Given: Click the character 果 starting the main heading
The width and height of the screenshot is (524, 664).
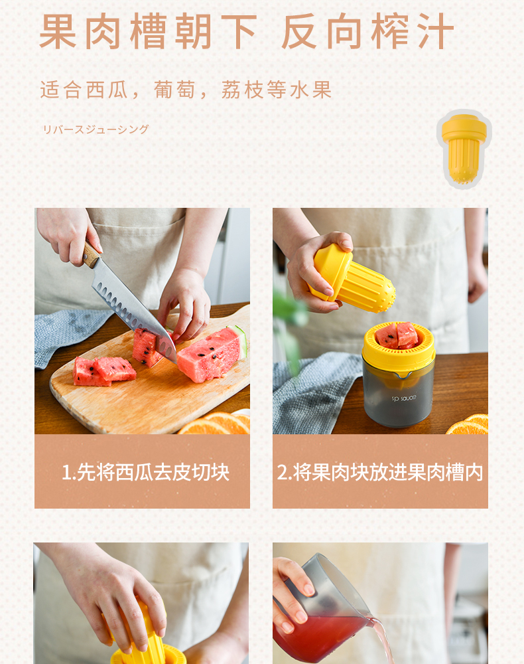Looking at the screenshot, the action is [x=58, y=31].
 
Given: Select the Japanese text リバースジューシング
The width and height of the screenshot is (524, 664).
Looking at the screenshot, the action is [x=96, y=129].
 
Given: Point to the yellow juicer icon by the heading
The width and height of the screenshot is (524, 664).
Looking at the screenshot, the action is [x=464, y=149].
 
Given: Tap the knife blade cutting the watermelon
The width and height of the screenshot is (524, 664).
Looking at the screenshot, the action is [x=133, y=311].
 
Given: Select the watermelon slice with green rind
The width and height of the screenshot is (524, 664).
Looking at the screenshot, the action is [x=212, y=354].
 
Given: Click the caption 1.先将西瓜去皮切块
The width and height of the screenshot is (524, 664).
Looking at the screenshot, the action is [x=145, y=472].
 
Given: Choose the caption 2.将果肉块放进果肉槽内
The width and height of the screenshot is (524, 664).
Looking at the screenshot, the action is [x=380, y=472].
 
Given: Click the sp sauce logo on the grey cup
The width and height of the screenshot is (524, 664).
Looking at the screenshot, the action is [x=403, y=398].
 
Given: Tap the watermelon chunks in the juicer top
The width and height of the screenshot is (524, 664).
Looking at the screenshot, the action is [x=397, y=335].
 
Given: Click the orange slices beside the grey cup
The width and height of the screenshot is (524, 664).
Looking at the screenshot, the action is [x=468, y=424].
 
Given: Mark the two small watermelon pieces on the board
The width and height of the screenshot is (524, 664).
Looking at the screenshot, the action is [x=104, y=371].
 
